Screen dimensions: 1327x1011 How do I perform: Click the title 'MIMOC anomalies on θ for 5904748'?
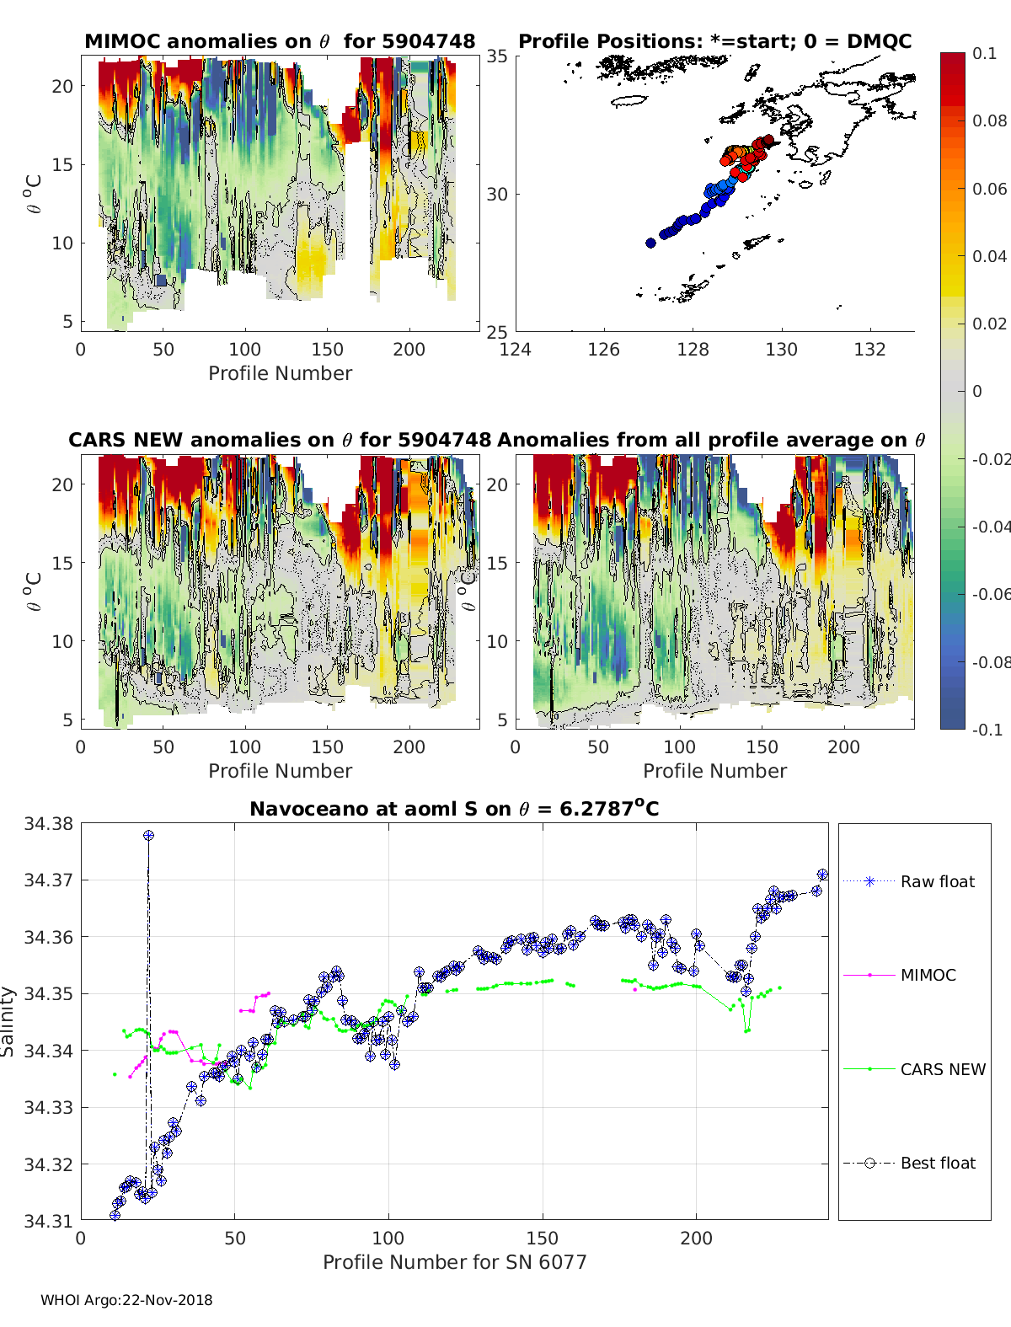coord(280,41)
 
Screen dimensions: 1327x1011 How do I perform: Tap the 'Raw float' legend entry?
coord(937,881)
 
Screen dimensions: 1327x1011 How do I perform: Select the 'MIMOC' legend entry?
coord(928,975)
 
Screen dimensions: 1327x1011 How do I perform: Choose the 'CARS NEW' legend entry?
coord(942,1069)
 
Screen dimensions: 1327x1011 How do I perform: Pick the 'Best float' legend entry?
coord(937,1163)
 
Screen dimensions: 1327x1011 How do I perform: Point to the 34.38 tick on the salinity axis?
coord(48,824)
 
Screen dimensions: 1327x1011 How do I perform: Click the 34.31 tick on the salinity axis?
coord(48,1220)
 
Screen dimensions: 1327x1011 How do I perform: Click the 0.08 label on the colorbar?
coord(989,120)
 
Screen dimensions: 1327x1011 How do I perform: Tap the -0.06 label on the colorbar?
coord(992,594)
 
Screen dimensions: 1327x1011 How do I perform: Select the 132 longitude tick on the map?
coord(869,349)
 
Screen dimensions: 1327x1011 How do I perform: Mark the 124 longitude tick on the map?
coord(516,349)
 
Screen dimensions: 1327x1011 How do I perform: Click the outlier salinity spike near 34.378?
coord(148,835)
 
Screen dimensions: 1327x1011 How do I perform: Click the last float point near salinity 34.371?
coord(822,875)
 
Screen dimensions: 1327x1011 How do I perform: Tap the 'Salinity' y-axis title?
coord(8,1021)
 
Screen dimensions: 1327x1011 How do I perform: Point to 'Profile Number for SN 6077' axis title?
coord(454,1262)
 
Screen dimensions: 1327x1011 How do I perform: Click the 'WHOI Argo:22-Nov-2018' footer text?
coord(126,1300)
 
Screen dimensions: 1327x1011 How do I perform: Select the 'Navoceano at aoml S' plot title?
coord(454,809)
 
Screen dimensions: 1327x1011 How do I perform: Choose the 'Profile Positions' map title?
coord(714,41)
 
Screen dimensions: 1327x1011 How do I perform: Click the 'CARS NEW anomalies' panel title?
coord(280,440)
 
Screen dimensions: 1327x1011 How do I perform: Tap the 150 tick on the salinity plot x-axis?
coord(543,1238)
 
